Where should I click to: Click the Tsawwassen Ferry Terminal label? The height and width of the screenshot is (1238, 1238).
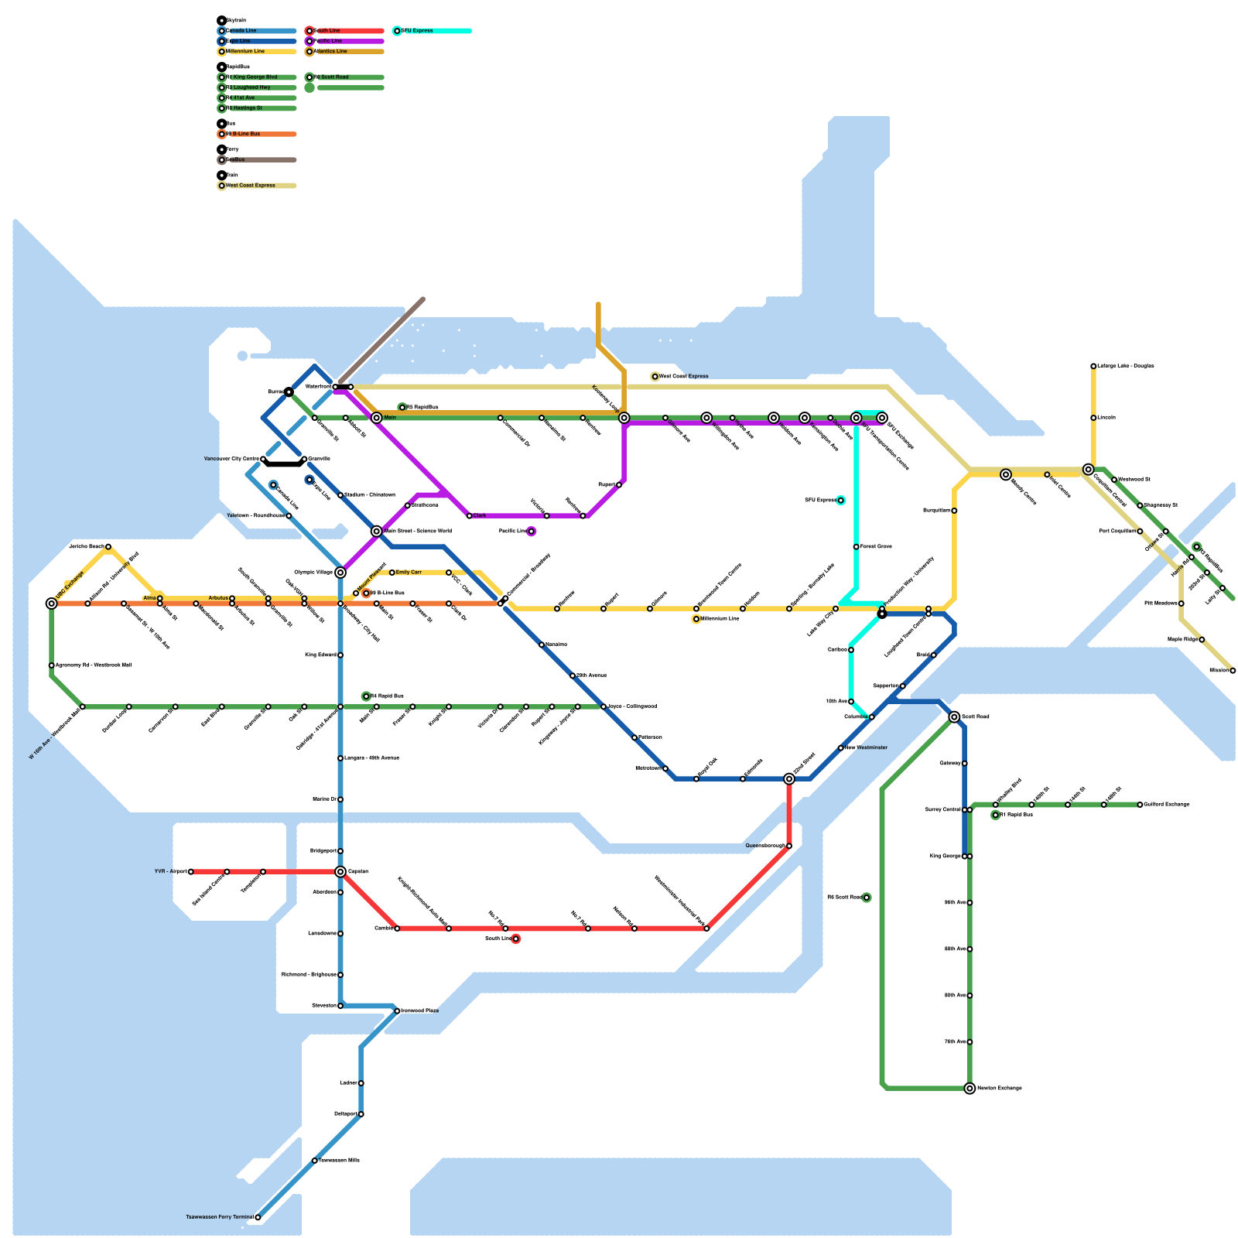pos(220,1217)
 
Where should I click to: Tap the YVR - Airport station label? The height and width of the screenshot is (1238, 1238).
pos(170,872)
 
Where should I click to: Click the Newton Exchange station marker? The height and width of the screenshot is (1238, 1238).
pos(970,1089)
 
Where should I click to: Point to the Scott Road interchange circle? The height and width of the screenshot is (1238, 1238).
pos(954,717)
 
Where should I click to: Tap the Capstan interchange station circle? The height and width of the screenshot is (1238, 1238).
pos(340,872)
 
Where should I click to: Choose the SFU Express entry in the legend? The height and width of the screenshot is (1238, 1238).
pos(417,31)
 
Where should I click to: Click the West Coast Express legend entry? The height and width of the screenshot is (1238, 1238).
pos(251,186)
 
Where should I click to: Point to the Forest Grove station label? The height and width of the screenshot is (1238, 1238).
pos(876,547)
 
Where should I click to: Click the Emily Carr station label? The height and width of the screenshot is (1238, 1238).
pos(409,573)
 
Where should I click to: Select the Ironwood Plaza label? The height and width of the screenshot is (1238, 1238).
pos(419,1011)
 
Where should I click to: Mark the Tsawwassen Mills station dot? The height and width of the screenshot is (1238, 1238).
pos(314,1161)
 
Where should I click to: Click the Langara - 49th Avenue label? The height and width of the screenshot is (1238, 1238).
pos(371,758)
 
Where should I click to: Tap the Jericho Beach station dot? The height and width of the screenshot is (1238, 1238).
pos(108,547)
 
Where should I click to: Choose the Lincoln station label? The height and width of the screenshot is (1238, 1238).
pos(1106,418)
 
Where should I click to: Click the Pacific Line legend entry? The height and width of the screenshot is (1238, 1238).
pos(328,41)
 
